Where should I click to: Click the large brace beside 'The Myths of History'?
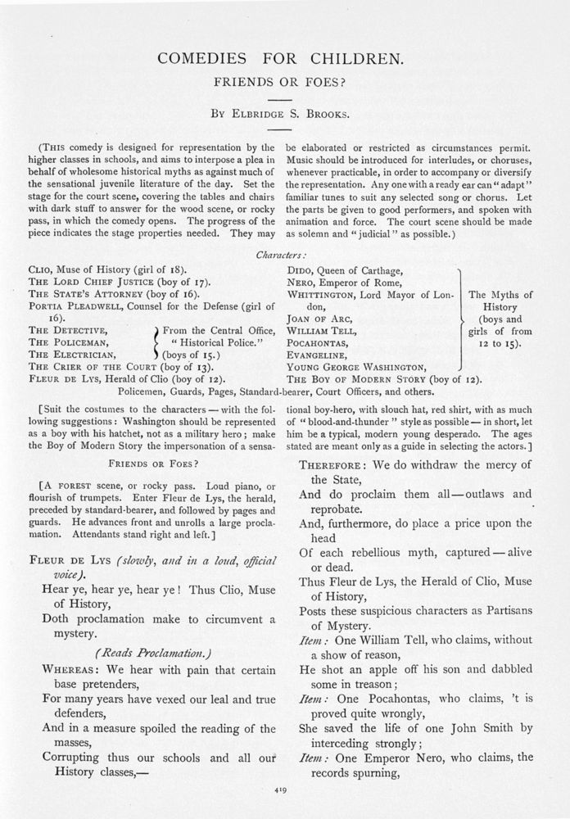point(459,318)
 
